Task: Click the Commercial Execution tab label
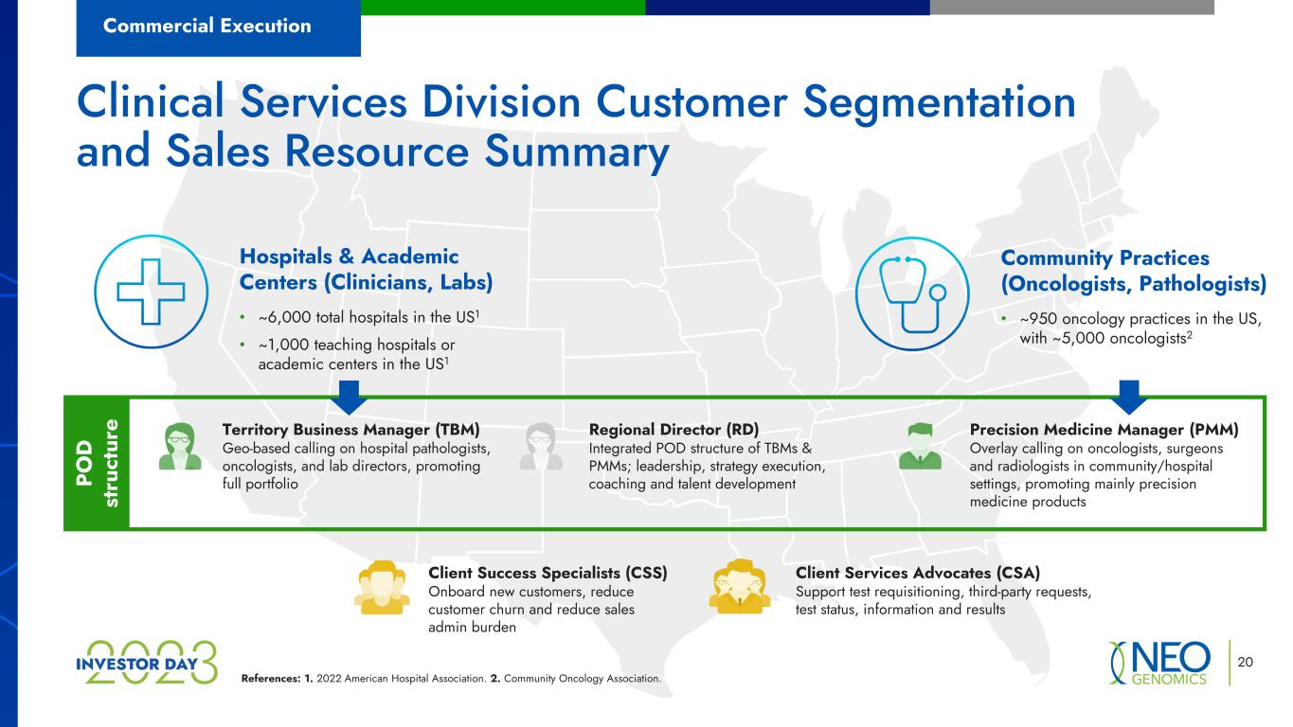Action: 207,26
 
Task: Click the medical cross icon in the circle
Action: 152,292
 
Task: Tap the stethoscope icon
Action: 912,293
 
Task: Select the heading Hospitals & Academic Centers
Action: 366,270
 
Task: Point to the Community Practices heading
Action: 1134,271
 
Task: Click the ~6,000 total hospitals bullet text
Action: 368,317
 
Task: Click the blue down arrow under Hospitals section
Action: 349,397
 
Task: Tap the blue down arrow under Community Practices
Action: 1129,397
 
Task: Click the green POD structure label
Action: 97,463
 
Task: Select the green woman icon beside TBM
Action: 180,446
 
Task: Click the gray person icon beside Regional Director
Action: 541,446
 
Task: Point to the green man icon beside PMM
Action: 920,446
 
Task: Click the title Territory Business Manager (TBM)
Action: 350,430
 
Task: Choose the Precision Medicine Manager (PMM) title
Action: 1104,430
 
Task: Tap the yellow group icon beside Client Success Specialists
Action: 382,587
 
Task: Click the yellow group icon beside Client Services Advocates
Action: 740,586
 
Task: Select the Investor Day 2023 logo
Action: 147,663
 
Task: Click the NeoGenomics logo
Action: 1159,663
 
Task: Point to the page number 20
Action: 1245,662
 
